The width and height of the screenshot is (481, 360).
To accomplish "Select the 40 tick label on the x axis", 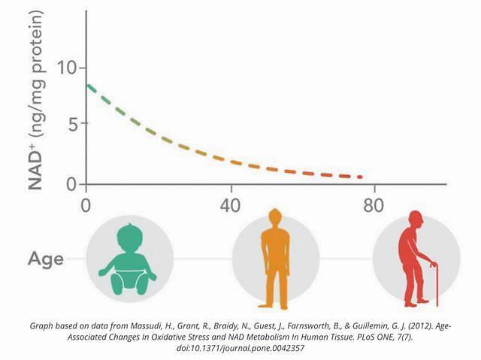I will tap(231, 205).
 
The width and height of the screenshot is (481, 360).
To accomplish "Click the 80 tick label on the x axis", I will tap(374, 205).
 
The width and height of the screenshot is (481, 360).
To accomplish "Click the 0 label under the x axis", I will tap(86, 205).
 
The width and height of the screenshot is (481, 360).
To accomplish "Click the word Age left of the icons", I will tap(46, 259).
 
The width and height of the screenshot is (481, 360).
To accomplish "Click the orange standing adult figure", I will tap(275, 259).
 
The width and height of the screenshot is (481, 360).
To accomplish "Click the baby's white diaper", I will tap(129, 280).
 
